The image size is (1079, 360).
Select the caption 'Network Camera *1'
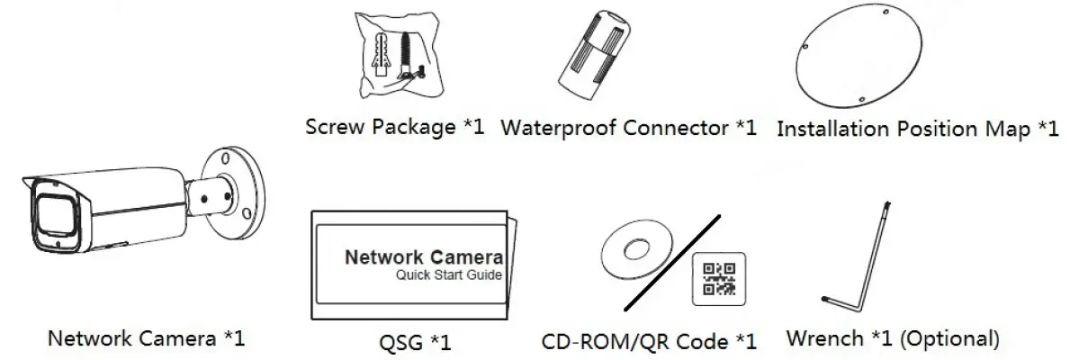click(x=146, y=339)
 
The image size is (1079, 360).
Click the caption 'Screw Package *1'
click(x=395, y=127)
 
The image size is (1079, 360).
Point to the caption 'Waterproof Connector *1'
click(x=628, y=127)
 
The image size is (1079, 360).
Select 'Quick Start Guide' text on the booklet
click(x=448, y=275)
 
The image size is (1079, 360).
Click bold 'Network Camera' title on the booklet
click(x=423, y=256)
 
